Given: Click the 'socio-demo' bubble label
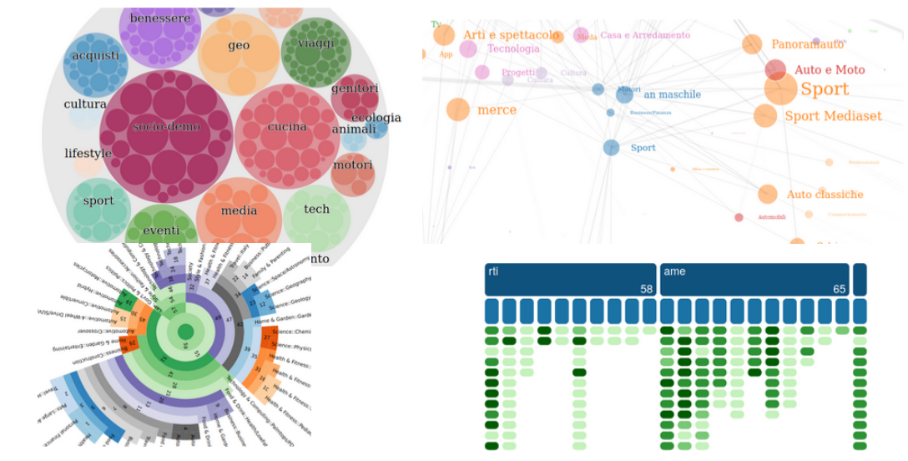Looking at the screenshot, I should (x=166, y=127).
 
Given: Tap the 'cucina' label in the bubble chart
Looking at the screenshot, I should (x=287, y=127).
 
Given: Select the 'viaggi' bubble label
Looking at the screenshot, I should (x=315, y=43).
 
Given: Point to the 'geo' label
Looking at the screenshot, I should (x=239, y=45).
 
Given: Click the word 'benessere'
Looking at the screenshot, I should (x=160, y=18).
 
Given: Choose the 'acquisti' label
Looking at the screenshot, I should (x=95, y=56).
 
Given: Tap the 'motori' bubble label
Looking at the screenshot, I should (x=352, y=165).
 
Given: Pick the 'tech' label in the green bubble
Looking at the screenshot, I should (x=317, y=210).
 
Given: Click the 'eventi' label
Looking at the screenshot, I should (x=161, y=230).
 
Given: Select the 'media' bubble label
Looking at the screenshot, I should (x=239, y=210).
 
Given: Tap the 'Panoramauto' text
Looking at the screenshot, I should (x=807, y=44).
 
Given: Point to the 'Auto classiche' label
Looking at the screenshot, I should (x=825, y=195).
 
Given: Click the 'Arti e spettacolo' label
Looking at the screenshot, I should (x=511, y=35).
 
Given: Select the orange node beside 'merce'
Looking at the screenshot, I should (x=457, y=109).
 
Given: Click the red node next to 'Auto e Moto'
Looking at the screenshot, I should (x=775, y=70).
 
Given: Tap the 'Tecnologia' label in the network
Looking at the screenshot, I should (x=513, y=49).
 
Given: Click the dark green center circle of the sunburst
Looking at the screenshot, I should (x=185, y=332).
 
